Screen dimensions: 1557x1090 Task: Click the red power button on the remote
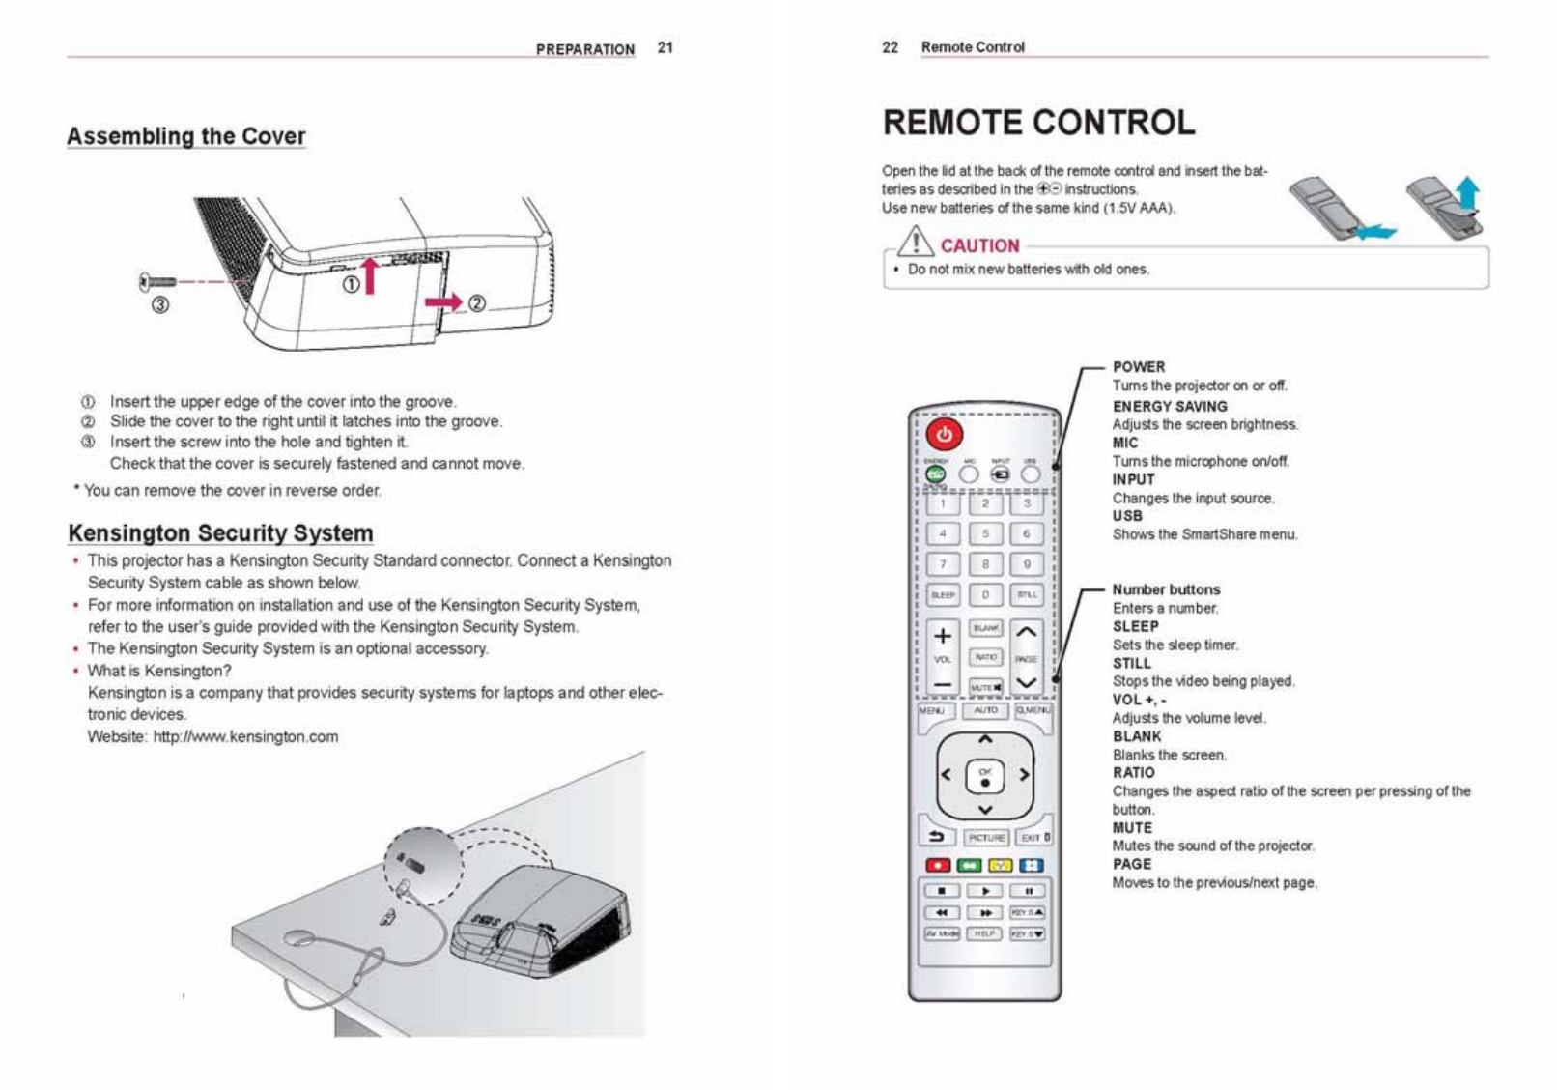944,435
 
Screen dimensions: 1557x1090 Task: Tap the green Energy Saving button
935,474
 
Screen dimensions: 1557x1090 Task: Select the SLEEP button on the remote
943,595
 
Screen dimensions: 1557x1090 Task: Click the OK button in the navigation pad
985,775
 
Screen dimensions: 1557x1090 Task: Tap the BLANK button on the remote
985,628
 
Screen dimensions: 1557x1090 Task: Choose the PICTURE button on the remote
986,838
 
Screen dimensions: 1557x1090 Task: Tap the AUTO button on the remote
985,710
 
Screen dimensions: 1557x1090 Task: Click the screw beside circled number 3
158,282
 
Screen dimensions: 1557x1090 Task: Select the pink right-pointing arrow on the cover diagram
444,302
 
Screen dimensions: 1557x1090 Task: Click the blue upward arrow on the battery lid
1468,193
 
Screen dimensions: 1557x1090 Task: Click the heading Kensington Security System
220,533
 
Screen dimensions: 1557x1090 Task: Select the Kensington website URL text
245,736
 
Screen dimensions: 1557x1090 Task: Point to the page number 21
665,47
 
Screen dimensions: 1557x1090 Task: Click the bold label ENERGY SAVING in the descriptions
1170,407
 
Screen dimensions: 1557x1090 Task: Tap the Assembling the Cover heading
185,136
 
